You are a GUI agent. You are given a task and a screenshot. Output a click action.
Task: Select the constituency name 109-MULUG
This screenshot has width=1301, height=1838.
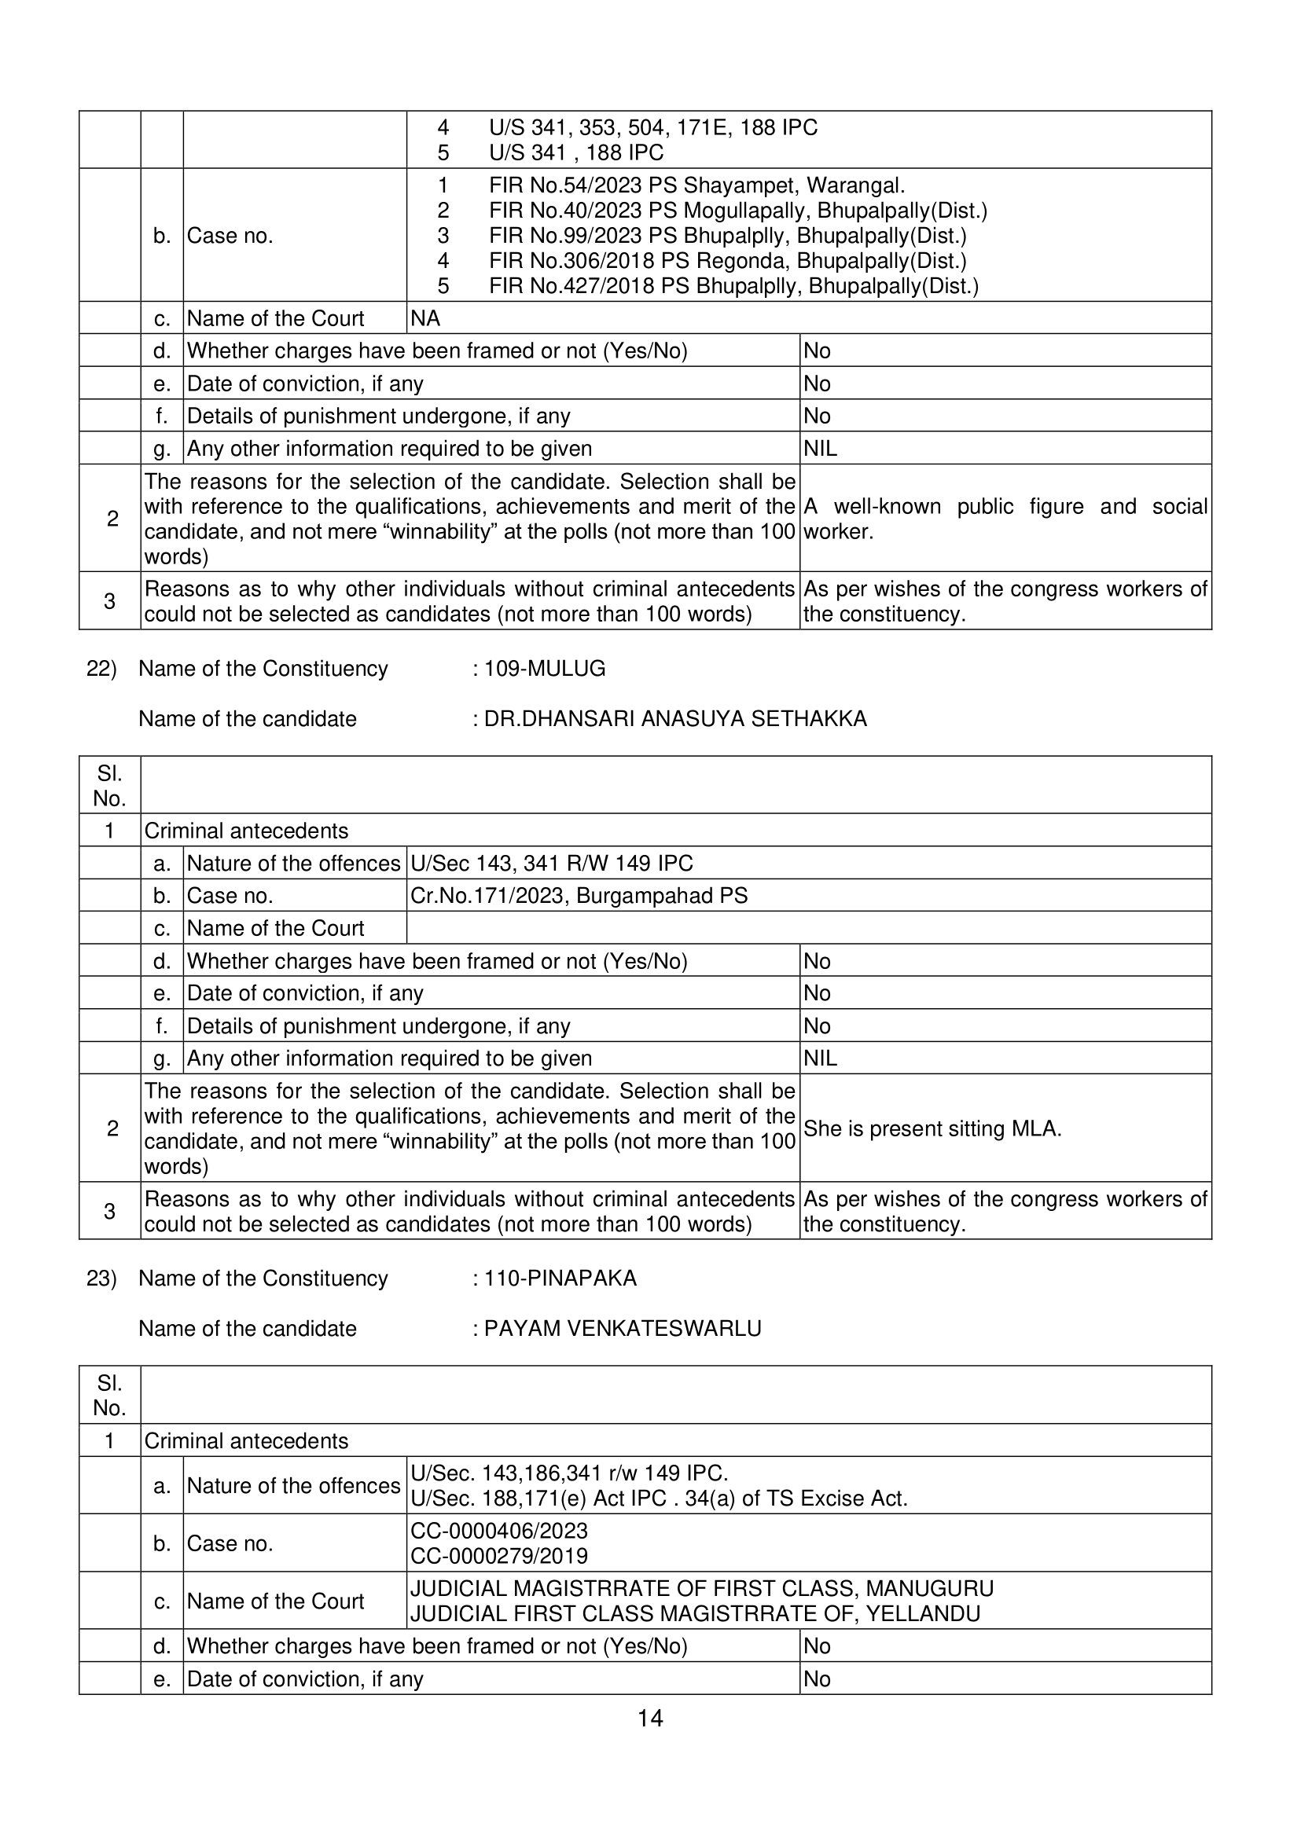click(544, 669)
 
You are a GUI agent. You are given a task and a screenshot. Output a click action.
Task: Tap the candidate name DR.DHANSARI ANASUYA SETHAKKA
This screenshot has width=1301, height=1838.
click(674, 719)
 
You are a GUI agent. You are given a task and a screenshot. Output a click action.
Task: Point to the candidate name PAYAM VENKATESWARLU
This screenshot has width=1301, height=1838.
click(622, 1329)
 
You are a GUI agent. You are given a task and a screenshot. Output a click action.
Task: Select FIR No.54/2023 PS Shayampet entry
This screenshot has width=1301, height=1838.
click(696, 185)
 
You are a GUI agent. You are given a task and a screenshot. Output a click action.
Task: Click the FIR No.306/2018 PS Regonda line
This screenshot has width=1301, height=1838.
click(726, 261)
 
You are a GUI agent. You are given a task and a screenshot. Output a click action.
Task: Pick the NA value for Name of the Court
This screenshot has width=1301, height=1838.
click(425, 319)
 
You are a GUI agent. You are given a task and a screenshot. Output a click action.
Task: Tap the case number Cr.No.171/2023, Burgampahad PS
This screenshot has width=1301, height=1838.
click(579, 895)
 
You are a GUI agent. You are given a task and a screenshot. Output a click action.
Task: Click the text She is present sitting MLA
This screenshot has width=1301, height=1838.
click(932, 1128)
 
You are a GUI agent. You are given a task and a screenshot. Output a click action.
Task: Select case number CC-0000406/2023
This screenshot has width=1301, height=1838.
click(498, 1531)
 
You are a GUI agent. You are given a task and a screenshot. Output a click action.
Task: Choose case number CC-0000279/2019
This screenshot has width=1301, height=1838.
click(498, 1556)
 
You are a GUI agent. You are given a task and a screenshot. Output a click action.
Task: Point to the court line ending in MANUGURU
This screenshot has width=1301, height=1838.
click(701, 1588)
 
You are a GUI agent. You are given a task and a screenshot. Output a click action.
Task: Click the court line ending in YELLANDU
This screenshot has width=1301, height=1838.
click(695, 1614)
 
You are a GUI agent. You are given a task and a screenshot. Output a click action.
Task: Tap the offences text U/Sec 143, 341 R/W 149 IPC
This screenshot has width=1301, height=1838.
click(551, 864)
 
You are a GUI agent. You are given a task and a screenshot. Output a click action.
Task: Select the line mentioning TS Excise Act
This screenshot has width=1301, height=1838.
click(659, 1499)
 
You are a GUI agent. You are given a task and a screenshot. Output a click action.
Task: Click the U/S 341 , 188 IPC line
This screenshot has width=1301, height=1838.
click(575, 153)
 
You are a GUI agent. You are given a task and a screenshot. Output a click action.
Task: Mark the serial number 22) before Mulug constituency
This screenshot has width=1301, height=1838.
click(101, 669)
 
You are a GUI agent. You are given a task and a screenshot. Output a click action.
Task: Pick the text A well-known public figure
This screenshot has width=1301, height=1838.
click(1005, 507)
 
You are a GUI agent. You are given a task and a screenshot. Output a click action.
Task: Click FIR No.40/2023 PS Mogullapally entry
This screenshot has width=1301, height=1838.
click(737, 211)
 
